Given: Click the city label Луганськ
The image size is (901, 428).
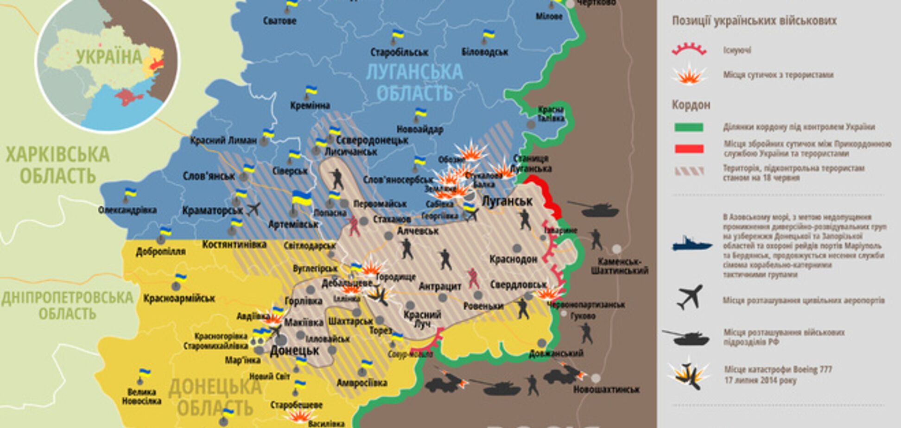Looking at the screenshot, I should [x=507, y=201].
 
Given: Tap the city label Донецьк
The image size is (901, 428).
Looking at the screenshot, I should [x=295, y=350].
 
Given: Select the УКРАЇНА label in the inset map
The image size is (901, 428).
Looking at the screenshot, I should [x=109, y=57].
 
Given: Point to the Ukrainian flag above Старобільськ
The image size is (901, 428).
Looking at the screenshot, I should [x=398, y=35].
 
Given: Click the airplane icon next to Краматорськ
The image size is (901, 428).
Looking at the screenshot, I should [x=254, y=209].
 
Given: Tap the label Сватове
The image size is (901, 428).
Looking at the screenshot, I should [x=279, y=20].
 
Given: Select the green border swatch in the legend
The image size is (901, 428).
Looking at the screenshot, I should [x=689, y=127].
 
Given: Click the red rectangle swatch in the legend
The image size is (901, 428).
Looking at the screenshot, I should [x=689, y=149].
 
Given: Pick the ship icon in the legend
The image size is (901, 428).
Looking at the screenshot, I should [x=692, y=244].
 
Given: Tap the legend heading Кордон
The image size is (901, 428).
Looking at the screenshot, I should [x=691, y=105].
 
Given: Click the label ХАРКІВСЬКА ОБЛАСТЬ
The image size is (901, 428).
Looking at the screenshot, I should [x=57, y=165].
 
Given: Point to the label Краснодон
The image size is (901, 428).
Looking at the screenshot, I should [x=514, y=259].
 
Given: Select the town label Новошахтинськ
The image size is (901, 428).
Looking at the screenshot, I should [x=606, y=390].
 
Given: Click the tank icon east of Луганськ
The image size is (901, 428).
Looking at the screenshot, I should [x=594, y=209].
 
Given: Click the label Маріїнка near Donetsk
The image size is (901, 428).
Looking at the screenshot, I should [x=243, y=360].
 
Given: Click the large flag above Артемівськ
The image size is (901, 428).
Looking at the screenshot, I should [x=301, y=199].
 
